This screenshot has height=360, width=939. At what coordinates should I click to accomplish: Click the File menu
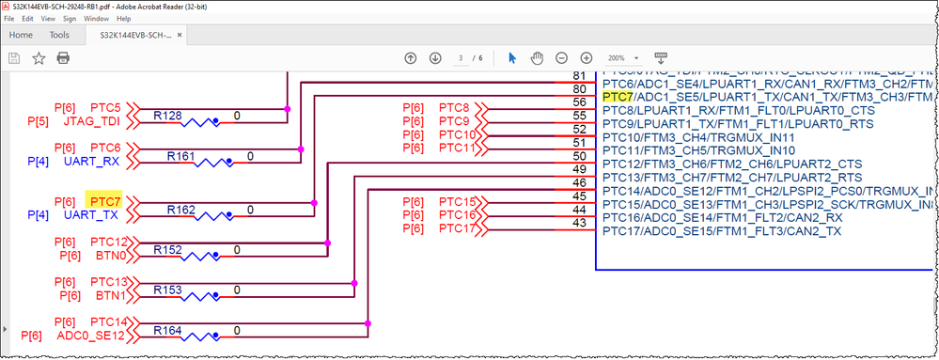click(9, 18)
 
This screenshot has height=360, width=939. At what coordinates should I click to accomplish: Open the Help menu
click(123, 18)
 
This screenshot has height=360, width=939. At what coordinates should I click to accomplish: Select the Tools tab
click(59, 35)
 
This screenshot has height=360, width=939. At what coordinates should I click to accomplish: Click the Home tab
click(21, 35)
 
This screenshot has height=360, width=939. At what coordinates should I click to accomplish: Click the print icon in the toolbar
click(63, 58)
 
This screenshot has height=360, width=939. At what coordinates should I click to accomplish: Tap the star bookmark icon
click(39, 58)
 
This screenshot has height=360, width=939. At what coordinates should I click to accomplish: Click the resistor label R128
click(169, 115)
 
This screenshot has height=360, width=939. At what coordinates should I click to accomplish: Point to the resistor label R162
click(181, 208)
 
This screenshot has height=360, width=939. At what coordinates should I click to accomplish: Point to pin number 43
click(580, 222)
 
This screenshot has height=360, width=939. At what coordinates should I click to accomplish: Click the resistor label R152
click(169, 249)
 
